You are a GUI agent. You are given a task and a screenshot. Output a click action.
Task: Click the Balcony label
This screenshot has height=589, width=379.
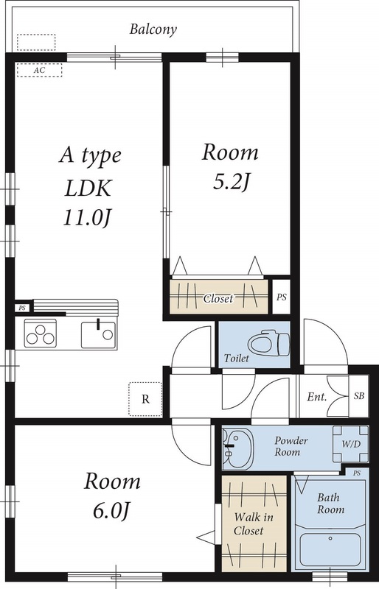pyautogui.click(x=153, y=30)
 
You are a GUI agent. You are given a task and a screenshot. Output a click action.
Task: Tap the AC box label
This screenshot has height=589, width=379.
pyautogui.click(x=39, y=71)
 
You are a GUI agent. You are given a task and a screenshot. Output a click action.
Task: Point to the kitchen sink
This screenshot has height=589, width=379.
pyautogui.click(x=98, y=334)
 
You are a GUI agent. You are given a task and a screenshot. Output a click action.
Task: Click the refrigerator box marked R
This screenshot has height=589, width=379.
pyautogui.click(x=145, y=400)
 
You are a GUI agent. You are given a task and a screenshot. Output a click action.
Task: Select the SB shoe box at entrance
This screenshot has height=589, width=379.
pyautogui.click(x=358, y=397)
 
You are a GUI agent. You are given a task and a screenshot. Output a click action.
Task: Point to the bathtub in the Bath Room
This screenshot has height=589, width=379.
pyautogui.click(x=330, y=548)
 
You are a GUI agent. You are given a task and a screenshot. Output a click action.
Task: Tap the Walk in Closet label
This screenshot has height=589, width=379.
pyautogui.click(x=253, y=523)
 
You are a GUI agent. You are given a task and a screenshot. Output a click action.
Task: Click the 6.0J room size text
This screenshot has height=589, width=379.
pyautogui.click(x=112, y=509)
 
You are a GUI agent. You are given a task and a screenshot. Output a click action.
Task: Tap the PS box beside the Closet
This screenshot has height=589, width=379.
pyautogui.click(x=281, y=297)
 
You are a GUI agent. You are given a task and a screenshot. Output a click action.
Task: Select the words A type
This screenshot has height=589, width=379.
pyautogui.click(x=89, y=156)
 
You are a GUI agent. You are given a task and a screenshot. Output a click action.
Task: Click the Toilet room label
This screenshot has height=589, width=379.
pyautogui.click(x=236, y=359)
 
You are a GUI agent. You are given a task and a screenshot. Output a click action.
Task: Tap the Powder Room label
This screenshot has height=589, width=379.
pyautogui.click(x=291, y=446)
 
